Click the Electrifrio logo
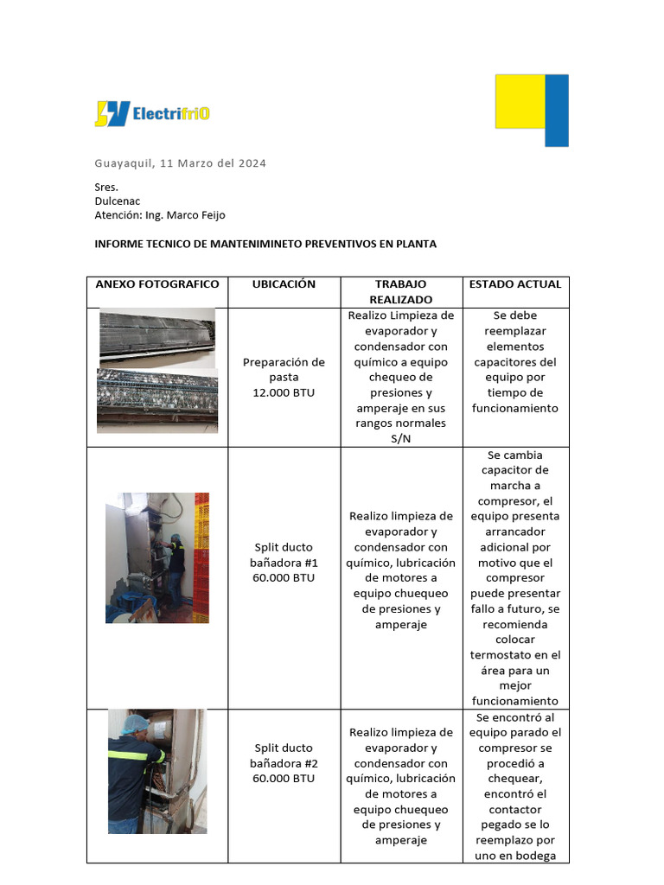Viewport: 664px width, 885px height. point(152,113)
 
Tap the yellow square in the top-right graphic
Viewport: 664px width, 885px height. point(520,101)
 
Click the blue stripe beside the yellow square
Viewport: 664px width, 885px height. point(558,110)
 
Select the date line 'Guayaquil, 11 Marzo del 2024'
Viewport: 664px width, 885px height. point(180,163)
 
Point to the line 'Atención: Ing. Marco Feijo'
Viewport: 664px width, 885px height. point(159,214)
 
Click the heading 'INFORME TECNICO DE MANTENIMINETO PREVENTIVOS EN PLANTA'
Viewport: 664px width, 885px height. point(265,244)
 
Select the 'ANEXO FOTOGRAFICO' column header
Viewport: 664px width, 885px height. point(157,284)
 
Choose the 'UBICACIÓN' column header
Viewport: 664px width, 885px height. point(284,284)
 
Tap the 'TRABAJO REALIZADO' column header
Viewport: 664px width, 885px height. point(400,291)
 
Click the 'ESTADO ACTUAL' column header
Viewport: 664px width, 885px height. point(514,284)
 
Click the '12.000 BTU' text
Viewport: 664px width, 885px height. point(284,392)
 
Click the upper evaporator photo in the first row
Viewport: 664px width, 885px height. point(156,336)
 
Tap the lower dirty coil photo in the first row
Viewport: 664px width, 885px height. point(156,399)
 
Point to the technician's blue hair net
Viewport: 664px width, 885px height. point(134,723)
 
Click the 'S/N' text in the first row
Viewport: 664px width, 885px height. point(400,439)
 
